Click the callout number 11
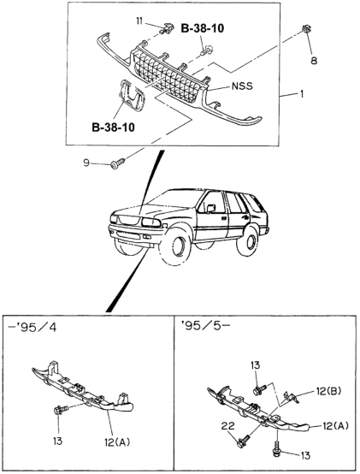[139, 21]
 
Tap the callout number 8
[314, 61]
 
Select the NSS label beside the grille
[242, 86]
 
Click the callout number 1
[301, 94]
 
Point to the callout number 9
[86, 163]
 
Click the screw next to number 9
[118, 163]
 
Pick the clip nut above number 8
[306, 30]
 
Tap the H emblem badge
[132, 96]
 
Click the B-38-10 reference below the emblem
[113, 127]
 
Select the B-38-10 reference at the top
[203, 28]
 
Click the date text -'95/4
[32, 328]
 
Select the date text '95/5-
[205, 326]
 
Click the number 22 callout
[228, 426]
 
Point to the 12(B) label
[328, 391]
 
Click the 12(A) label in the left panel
[117, 442]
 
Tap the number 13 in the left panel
[57, 441]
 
